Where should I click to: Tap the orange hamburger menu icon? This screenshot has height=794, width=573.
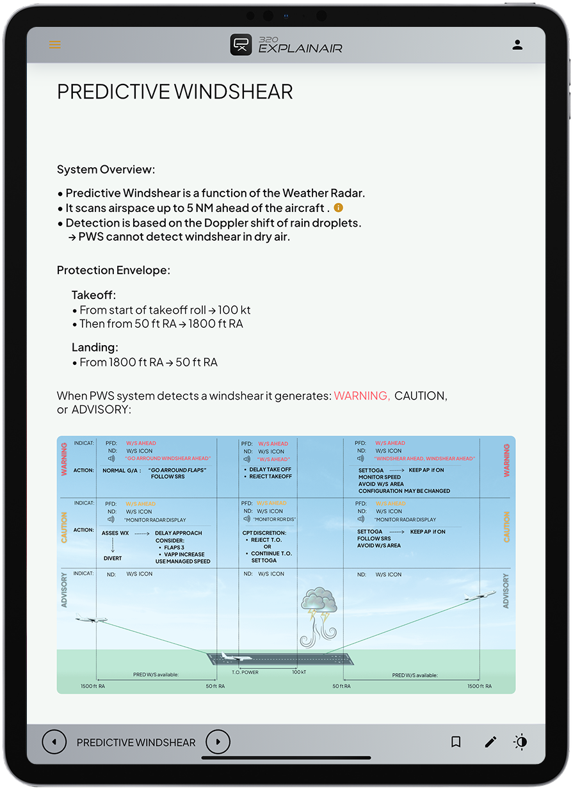pos(55,45)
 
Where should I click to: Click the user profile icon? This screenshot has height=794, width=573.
pos(517,45)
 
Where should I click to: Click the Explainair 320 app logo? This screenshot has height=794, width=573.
pos(286,44)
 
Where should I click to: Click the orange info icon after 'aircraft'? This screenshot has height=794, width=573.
pos(339,207)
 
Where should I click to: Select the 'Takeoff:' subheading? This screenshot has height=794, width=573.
pos(93,295)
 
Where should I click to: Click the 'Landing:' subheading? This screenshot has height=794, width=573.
pos(95,348)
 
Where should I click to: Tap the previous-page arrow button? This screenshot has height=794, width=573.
pos(54,742)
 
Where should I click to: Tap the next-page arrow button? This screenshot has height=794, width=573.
pos(218,742)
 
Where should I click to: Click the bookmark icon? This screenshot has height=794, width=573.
pos(456,742)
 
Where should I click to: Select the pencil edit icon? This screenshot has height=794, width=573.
pos(490,742)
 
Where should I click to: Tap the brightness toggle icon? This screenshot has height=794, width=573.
pos(521,742)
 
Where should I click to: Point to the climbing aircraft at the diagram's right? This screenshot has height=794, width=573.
pos(480,596)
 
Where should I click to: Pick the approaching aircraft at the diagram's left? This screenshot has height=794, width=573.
pos(90,619)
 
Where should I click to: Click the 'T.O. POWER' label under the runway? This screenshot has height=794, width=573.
pos(245,672)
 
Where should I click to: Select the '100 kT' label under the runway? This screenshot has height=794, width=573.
pos(299,672)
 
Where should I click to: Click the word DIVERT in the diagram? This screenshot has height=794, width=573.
pos(112,558)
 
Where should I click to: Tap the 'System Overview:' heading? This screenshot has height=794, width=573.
pos(106,170)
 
